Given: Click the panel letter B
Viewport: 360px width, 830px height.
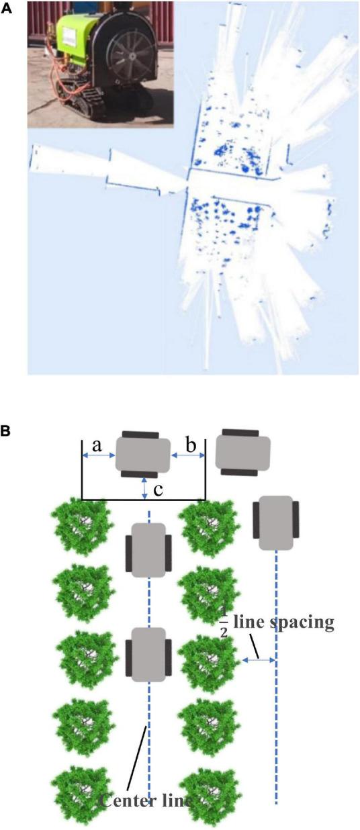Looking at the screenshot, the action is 6,431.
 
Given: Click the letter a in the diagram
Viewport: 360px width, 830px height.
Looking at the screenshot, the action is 97,445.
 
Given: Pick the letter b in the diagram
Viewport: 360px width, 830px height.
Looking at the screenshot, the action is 191,445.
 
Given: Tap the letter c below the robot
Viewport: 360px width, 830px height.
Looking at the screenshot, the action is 158,490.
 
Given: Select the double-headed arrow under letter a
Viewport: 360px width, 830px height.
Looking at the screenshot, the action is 98,456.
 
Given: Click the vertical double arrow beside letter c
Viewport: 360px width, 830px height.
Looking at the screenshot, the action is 144,488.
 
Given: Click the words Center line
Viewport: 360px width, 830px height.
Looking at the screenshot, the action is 145,801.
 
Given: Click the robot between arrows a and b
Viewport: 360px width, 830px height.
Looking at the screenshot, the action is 143,454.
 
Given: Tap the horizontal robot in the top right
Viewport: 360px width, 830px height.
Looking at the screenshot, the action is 243,453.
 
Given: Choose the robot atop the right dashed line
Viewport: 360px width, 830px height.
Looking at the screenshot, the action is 276,523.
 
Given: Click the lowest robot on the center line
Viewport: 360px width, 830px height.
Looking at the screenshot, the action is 148,655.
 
